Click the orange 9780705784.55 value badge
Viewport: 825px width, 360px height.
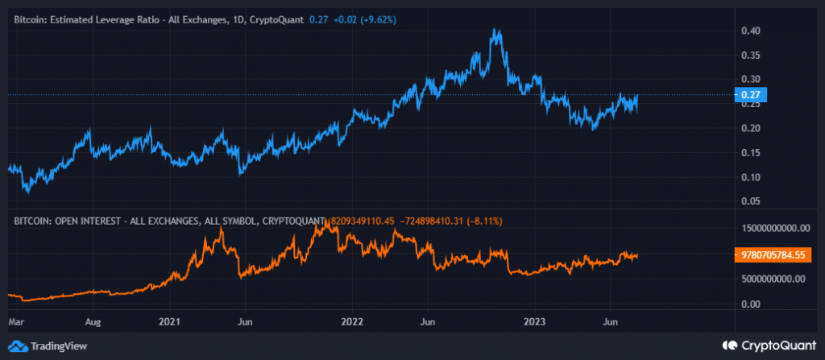pos(773,255)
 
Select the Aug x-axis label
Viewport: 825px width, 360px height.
pos(93,321)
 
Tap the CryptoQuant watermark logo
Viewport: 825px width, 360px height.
pos(773,346)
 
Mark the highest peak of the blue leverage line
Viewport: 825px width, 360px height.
pos(499,31)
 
